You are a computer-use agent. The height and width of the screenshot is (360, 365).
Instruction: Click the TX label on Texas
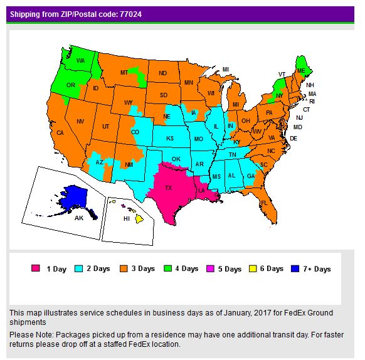[x=168, y=188]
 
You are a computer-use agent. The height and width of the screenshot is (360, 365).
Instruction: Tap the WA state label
[x=80, y=61]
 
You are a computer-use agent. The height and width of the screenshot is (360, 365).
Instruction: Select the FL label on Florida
[x=264, y=203]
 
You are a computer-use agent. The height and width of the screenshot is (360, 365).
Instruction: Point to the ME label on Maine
[x=302, y=71]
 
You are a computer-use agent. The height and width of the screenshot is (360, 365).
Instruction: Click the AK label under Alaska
[x=78, y=218]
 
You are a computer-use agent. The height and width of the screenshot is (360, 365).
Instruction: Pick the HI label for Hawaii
[x=126, y=219]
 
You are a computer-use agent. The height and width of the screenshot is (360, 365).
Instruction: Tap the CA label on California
[x=60, y=133]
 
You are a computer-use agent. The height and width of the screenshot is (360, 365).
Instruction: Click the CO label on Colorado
[x=135, y=132]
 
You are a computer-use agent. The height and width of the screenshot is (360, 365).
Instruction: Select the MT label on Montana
[x=124, y=73]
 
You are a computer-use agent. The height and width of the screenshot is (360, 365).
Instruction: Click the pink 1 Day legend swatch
[x=36, y=269]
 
